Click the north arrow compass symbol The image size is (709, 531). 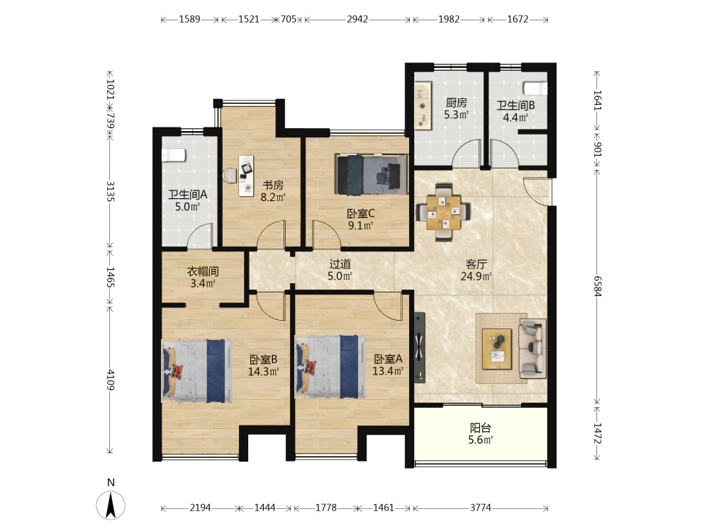point(111,505)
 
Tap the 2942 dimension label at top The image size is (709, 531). point(357,19)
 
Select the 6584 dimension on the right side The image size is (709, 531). point(597,286)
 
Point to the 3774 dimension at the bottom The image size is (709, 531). point(480,508)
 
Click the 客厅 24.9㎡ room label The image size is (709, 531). point(476,270)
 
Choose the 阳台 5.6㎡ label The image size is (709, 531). point(480,433)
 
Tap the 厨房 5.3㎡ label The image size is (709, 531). point(456,108)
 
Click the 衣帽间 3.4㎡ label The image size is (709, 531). point(203,278)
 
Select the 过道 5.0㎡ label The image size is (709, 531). point(340,270)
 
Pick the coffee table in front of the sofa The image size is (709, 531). point(496,348)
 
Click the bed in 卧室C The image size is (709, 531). point(371,174)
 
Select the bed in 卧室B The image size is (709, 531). point(197,371)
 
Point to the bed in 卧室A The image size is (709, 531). point(330,367)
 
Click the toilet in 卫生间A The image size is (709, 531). point(174,155)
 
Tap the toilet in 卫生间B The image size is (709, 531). point(535,88)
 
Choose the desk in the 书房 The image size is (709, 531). point(246,176)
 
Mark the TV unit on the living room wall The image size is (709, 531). point(420,347)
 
